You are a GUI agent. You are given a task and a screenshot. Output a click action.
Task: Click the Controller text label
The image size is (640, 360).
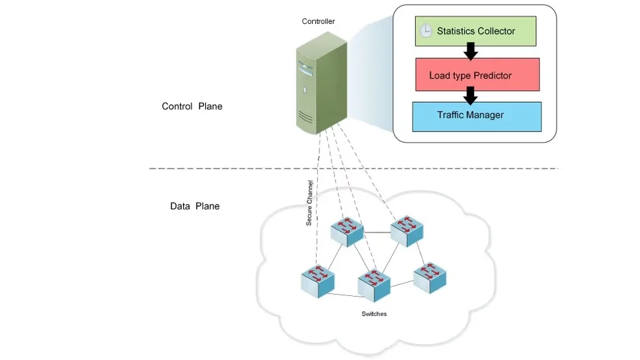coord(318,21)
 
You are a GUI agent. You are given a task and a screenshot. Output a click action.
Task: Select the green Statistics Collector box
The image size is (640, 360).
coord(475,31)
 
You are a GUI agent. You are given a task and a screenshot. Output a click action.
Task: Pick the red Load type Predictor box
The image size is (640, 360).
coord(476,75)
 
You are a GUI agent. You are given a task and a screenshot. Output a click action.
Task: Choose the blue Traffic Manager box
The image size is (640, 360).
coord(476,116)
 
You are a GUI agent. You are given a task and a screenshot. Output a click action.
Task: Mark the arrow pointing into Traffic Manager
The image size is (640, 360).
coord(471,95)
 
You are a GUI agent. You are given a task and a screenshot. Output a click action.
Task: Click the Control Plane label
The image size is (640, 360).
coord(192,107)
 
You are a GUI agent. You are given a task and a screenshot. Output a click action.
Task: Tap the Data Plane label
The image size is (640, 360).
coord(195,206)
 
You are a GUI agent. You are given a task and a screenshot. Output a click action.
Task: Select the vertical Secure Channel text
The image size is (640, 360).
coord(309,203)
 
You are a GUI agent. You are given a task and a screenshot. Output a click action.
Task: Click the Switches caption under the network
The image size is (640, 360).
coord(373,314)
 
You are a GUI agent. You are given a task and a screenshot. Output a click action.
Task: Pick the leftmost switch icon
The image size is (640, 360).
coord(318,281)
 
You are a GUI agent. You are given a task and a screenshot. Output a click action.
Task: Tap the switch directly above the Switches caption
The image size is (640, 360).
coord(373,285)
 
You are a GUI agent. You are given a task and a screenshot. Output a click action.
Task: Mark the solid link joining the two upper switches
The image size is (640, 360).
coord(377,233)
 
